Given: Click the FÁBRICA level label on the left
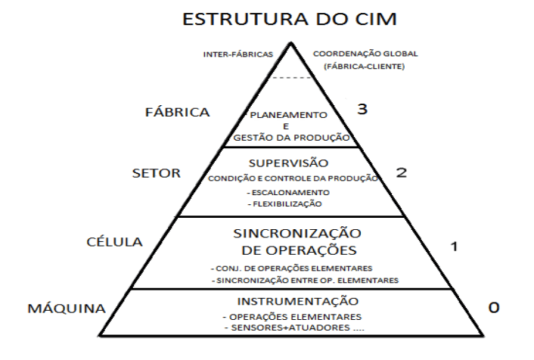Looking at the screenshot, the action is click(177, 113).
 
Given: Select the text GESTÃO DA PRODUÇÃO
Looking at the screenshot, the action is click(290, 138).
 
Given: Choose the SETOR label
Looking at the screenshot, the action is click(156, 172).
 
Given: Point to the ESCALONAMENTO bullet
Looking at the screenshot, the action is click(290, 192).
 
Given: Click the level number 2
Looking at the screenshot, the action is click(402, 172).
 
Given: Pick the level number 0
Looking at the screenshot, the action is click(493, 308).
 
